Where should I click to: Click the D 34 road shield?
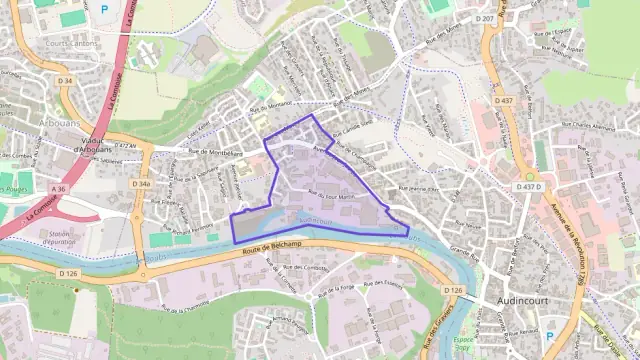pyautogui.click(x=65, y=80)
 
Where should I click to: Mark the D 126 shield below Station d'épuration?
pyautogui.click(x=68, y=272)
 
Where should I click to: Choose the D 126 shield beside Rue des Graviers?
pyautogui.click(x=452, y=290)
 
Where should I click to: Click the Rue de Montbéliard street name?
pyautogui.click(x=216, y=151)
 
